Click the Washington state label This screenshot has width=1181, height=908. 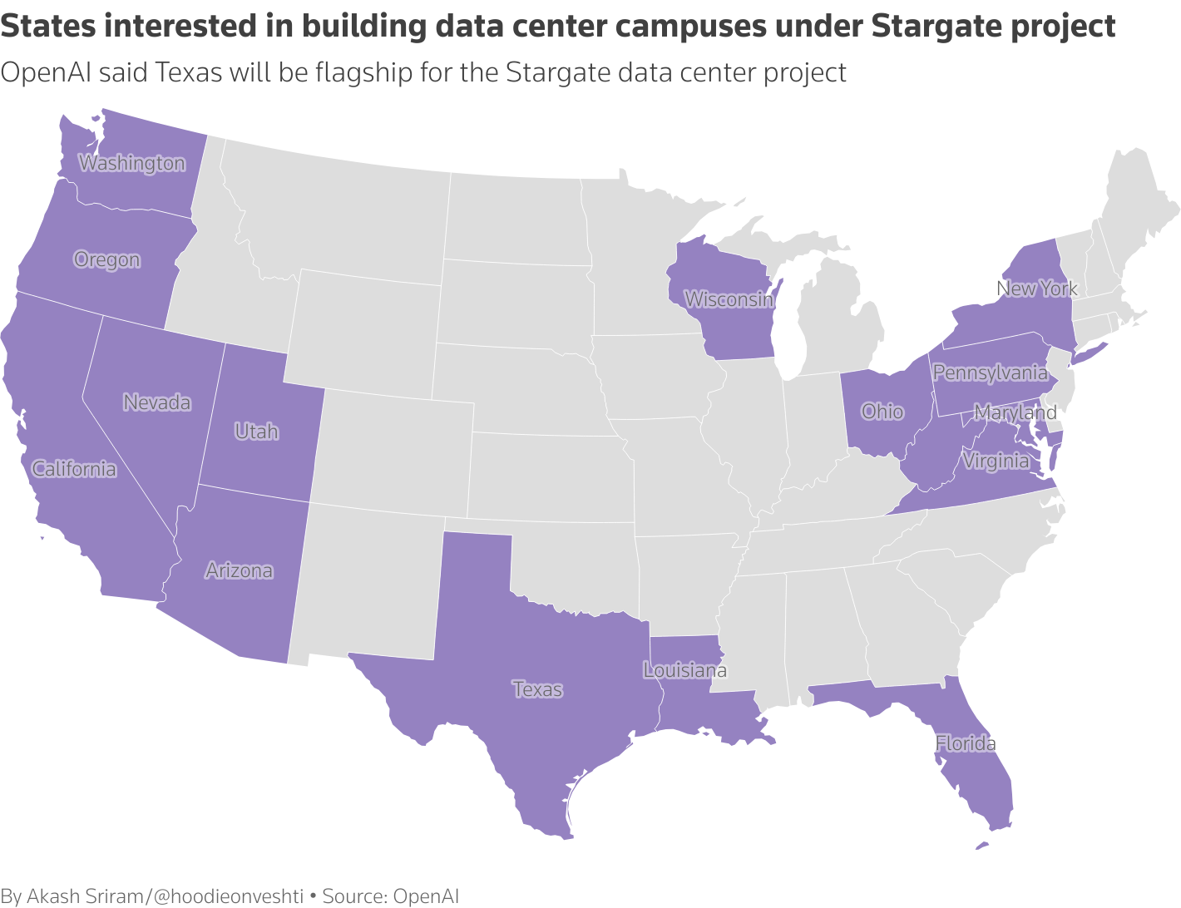131,163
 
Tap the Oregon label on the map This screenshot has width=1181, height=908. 106,259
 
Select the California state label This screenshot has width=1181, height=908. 74,469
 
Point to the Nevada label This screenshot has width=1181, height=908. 157,402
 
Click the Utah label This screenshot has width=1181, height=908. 256,432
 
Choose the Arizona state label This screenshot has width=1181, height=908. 240,570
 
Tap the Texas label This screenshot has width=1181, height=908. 537,689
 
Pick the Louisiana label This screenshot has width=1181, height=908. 685,670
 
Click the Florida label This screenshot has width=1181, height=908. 966,743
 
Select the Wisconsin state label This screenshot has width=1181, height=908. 729,299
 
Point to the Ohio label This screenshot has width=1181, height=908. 882,411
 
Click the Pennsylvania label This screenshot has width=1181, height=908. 990,373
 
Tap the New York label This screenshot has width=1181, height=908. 1036,289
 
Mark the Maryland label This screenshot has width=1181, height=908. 1015,412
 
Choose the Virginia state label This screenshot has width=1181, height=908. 996,461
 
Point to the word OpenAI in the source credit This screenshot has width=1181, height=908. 426,896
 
